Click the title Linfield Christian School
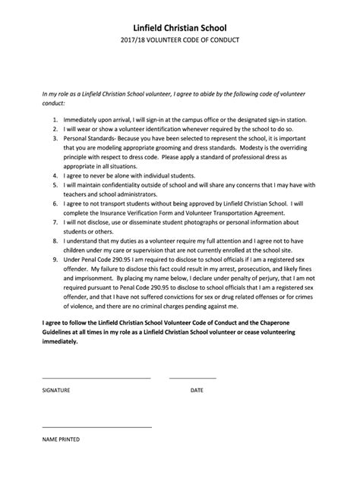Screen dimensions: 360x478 (x=180, y=27)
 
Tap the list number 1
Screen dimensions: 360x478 (x=55, y=120)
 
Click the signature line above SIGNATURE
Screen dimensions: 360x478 (x=96, y=377)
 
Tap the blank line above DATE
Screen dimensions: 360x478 (x=192, y=377)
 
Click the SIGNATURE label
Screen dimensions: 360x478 (x=56, y=390)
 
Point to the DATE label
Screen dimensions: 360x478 (x=197, y=390)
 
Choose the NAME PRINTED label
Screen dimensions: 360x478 (x=61, y=439)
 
